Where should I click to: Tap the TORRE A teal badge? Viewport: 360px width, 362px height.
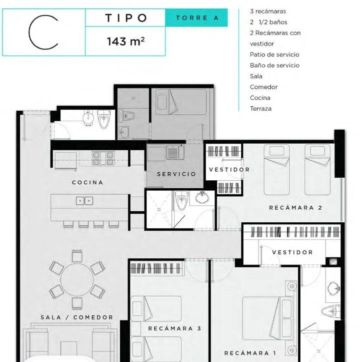click(196, 18)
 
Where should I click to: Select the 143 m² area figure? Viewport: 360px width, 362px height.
click(125, 42)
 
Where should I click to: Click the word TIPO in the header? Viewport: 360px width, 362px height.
click(126, 18)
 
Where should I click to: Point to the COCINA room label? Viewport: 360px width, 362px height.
click(87, 182)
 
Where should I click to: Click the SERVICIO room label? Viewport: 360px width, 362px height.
click(176, 174)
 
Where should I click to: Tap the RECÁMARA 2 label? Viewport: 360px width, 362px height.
click(295, 208)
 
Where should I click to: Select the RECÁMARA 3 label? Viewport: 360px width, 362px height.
click(174, 328)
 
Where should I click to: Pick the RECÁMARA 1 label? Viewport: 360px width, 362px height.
click(250, 353)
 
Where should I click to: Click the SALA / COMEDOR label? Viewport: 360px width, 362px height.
click(77, 317)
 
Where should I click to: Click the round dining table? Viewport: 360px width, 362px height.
click(77, 279)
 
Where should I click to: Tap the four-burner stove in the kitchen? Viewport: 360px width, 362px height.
click(103, 158)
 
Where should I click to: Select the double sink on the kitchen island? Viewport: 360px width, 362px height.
click(84, 201)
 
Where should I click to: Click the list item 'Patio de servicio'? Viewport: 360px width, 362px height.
click(274, 55)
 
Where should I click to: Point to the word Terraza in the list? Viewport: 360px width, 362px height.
click(260, 109)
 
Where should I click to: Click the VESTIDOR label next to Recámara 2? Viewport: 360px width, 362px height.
click(229, 170)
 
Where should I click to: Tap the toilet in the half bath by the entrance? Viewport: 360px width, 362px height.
click(104, 119)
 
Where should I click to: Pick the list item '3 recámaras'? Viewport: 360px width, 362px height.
click(268, 12)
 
